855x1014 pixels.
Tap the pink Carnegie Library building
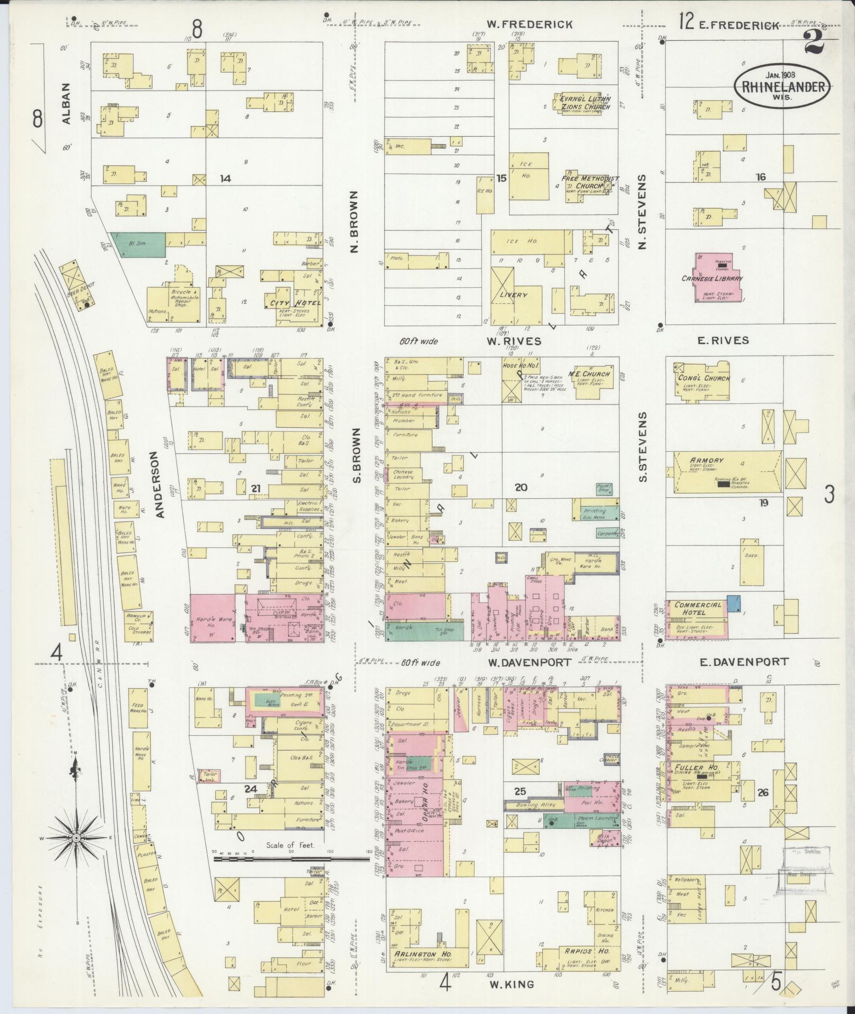point(719,277)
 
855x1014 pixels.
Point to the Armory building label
point(707,460)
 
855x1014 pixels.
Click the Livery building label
point(515,295)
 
